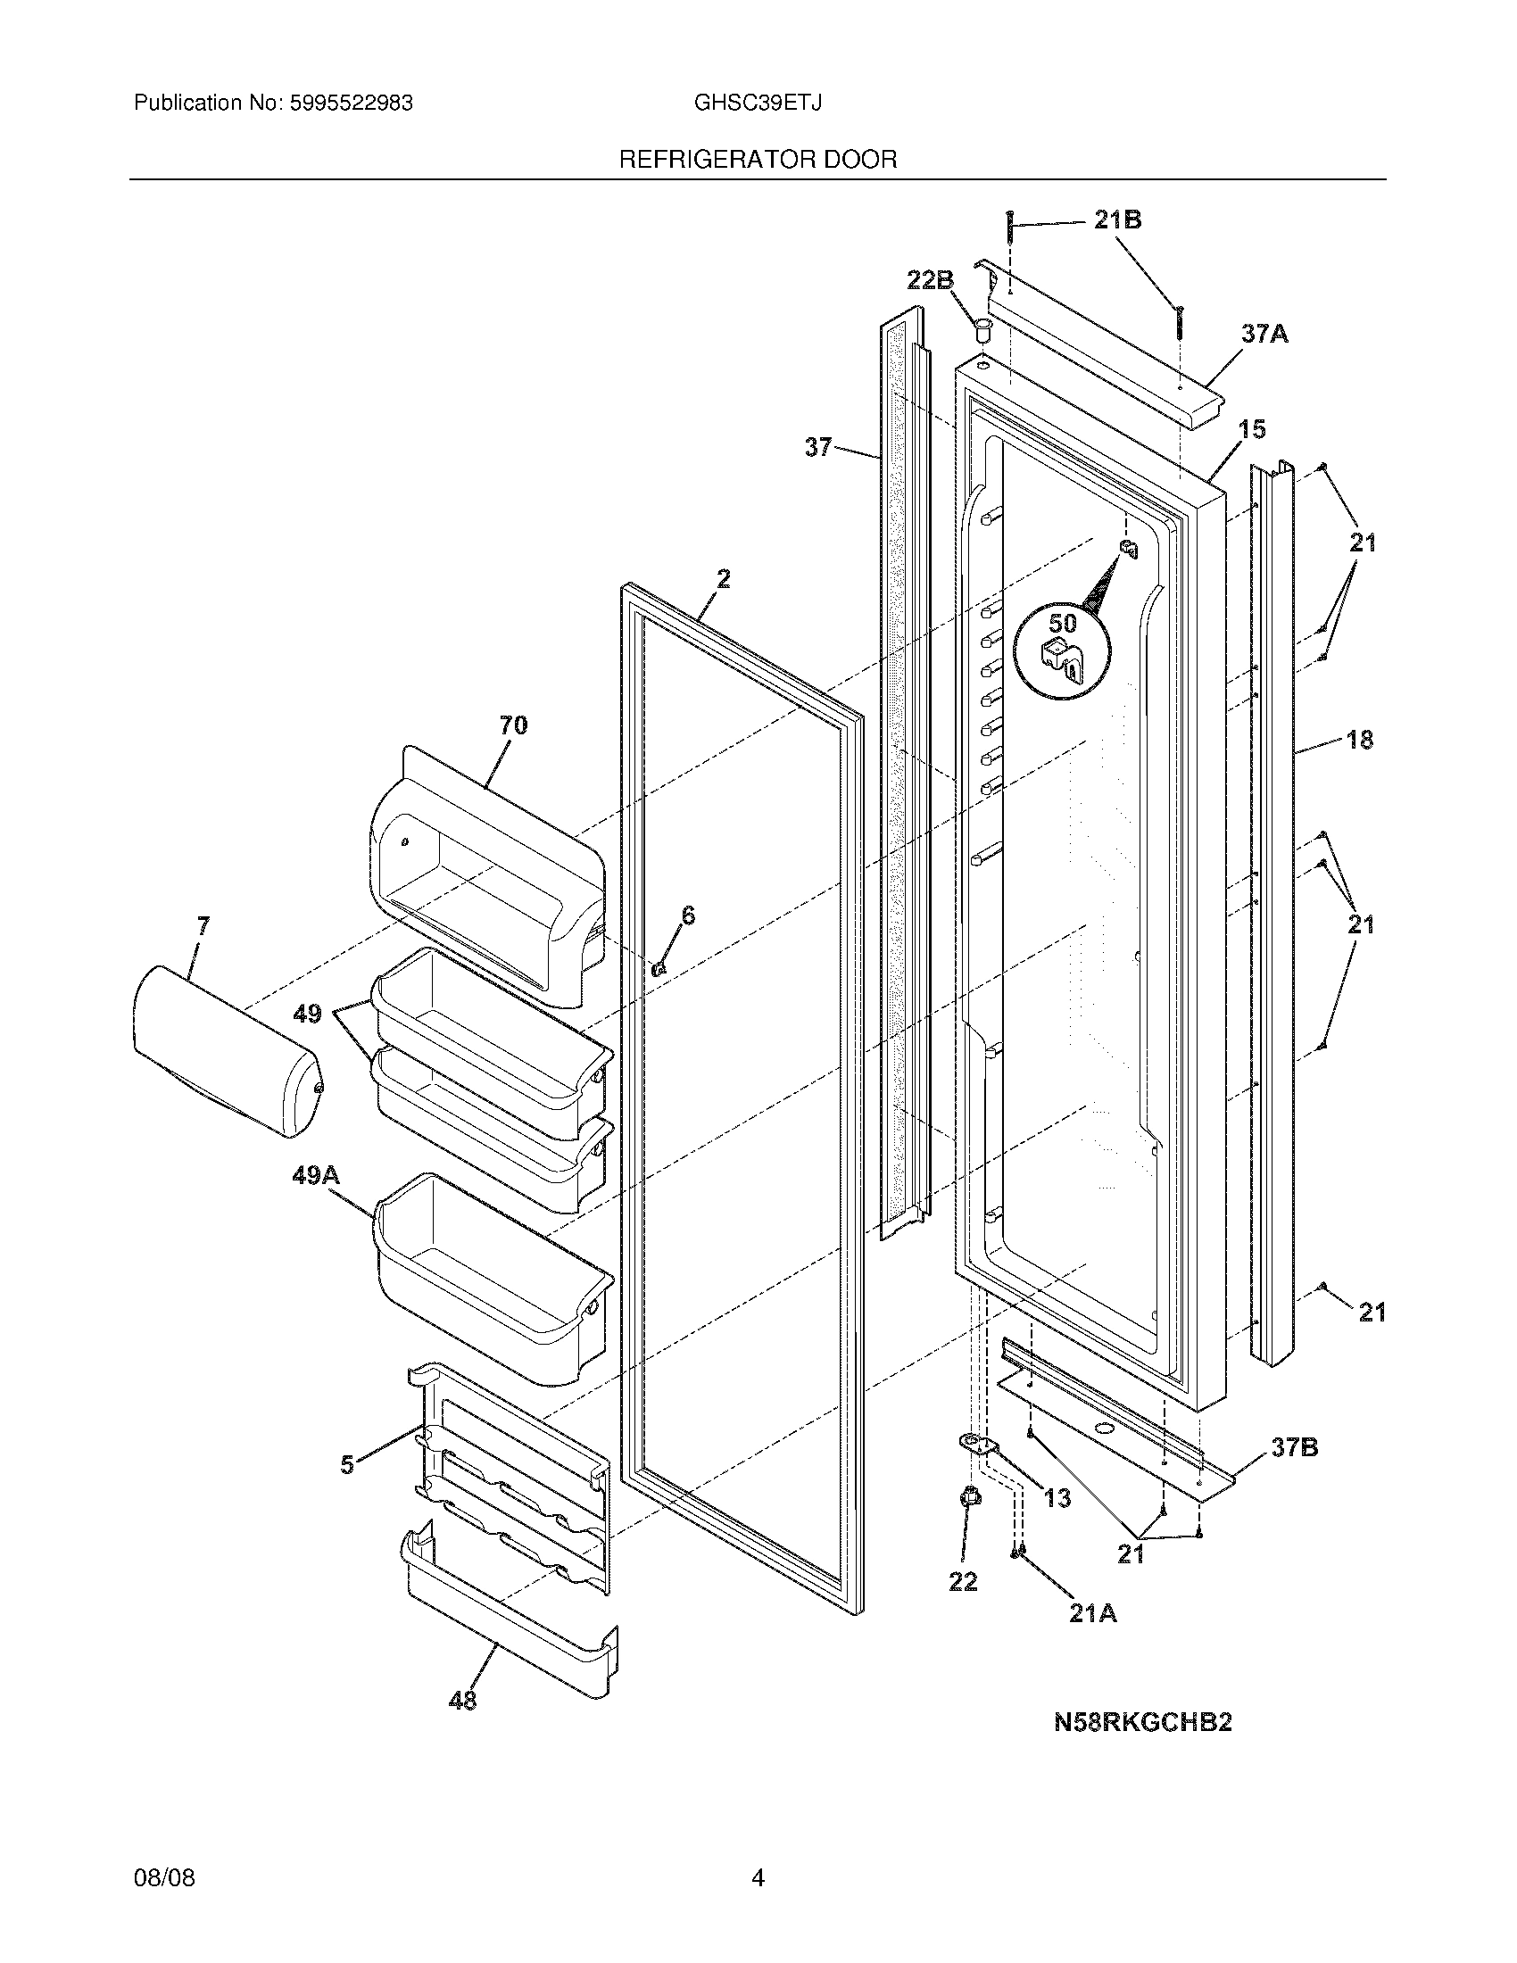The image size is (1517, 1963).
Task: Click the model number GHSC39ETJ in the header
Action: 757,104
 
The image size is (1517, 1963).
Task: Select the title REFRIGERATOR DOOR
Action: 758,160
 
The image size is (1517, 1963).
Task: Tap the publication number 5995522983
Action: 352,104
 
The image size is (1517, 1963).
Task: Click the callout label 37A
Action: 1264,335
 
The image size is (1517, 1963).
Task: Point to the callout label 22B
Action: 929,280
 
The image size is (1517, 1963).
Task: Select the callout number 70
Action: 513,725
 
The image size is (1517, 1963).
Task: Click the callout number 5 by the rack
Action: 347,1466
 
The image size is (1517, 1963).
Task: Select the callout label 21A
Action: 1093,1613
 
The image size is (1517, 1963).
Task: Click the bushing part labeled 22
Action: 970,1497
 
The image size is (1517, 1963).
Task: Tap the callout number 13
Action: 1057,1498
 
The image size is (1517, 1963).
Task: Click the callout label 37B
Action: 1294,1447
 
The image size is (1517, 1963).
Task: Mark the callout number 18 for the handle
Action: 1360,740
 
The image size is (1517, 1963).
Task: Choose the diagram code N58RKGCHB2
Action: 1142,1723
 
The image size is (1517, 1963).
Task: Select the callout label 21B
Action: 1117,219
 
